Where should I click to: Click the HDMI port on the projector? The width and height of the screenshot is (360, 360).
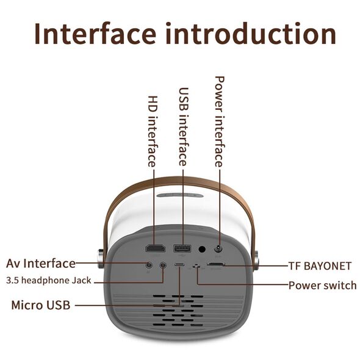coord(156,249)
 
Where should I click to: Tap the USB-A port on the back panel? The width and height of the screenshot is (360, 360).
coord(182,248)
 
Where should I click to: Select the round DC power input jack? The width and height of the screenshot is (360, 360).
coord(218,248)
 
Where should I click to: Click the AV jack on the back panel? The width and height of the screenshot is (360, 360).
coord(149,265)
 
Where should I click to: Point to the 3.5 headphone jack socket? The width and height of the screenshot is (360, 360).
coord(163,265)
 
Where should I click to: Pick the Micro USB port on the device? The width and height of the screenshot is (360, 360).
coord(179,264)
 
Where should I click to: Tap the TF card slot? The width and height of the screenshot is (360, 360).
coord(216,264)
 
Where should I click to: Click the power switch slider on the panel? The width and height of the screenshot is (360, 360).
coord(196,266)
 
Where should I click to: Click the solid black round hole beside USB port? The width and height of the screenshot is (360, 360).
coord(202,249)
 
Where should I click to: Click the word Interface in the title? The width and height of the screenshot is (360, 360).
coord(95,34)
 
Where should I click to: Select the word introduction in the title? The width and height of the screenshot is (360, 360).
coord(251,34)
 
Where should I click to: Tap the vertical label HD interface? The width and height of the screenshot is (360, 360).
coord(153,131)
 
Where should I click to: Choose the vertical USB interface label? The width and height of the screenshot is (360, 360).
coord(184,126)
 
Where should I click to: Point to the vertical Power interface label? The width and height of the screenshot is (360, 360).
coord(220,121)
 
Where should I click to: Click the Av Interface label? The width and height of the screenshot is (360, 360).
coord(41,264)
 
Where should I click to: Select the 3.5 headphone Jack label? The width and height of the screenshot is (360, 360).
coord(49,280)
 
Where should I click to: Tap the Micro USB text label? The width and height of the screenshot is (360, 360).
coord(41,305)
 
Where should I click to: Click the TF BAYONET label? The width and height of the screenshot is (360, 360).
coord(320,266)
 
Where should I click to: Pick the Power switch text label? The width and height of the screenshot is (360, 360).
coord(323,286)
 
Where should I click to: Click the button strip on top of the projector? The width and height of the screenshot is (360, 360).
coord(180,195)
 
